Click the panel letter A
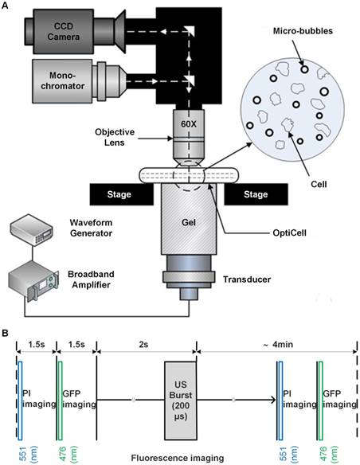coord(6,7)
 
